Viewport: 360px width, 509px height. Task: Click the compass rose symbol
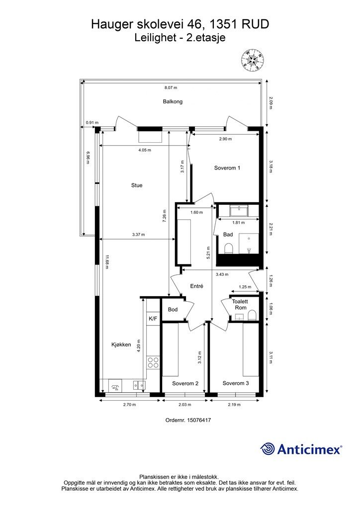(253, 60)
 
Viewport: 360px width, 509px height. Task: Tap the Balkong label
(173, 101)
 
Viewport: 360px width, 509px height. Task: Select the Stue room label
(137, 185)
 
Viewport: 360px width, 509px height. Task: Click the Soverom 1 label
(227, 168)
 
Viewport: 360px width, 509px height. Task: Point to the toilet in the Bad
(229, 249)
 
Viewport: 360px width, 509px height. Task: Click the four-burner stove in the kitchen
(153, 362)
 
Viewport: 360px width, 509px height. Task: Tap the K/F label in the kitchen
(153, 319)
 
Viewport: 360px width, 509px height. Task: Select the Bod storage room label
(173, 310)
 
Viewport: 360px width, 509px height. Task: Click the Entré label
(197, 286)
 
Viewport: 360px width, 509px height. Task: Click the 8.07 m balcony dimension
(171, 87)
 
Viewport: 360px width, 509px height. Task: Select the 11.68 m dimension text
(106, 262)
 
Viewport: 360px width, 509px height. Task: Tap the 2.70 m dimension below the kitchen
(129, 405)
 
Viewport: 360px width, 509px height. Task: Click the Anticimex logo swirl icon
(267, 449)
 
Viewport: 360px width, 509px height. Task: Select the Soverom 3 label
(236, 383)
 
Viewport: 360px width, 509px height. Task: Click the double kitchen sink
(140, 385)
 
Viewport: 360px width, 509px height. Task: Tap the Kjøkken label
(121, 345)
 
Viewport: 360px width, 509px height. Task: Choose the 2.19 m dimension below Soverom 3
(234, 405)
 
